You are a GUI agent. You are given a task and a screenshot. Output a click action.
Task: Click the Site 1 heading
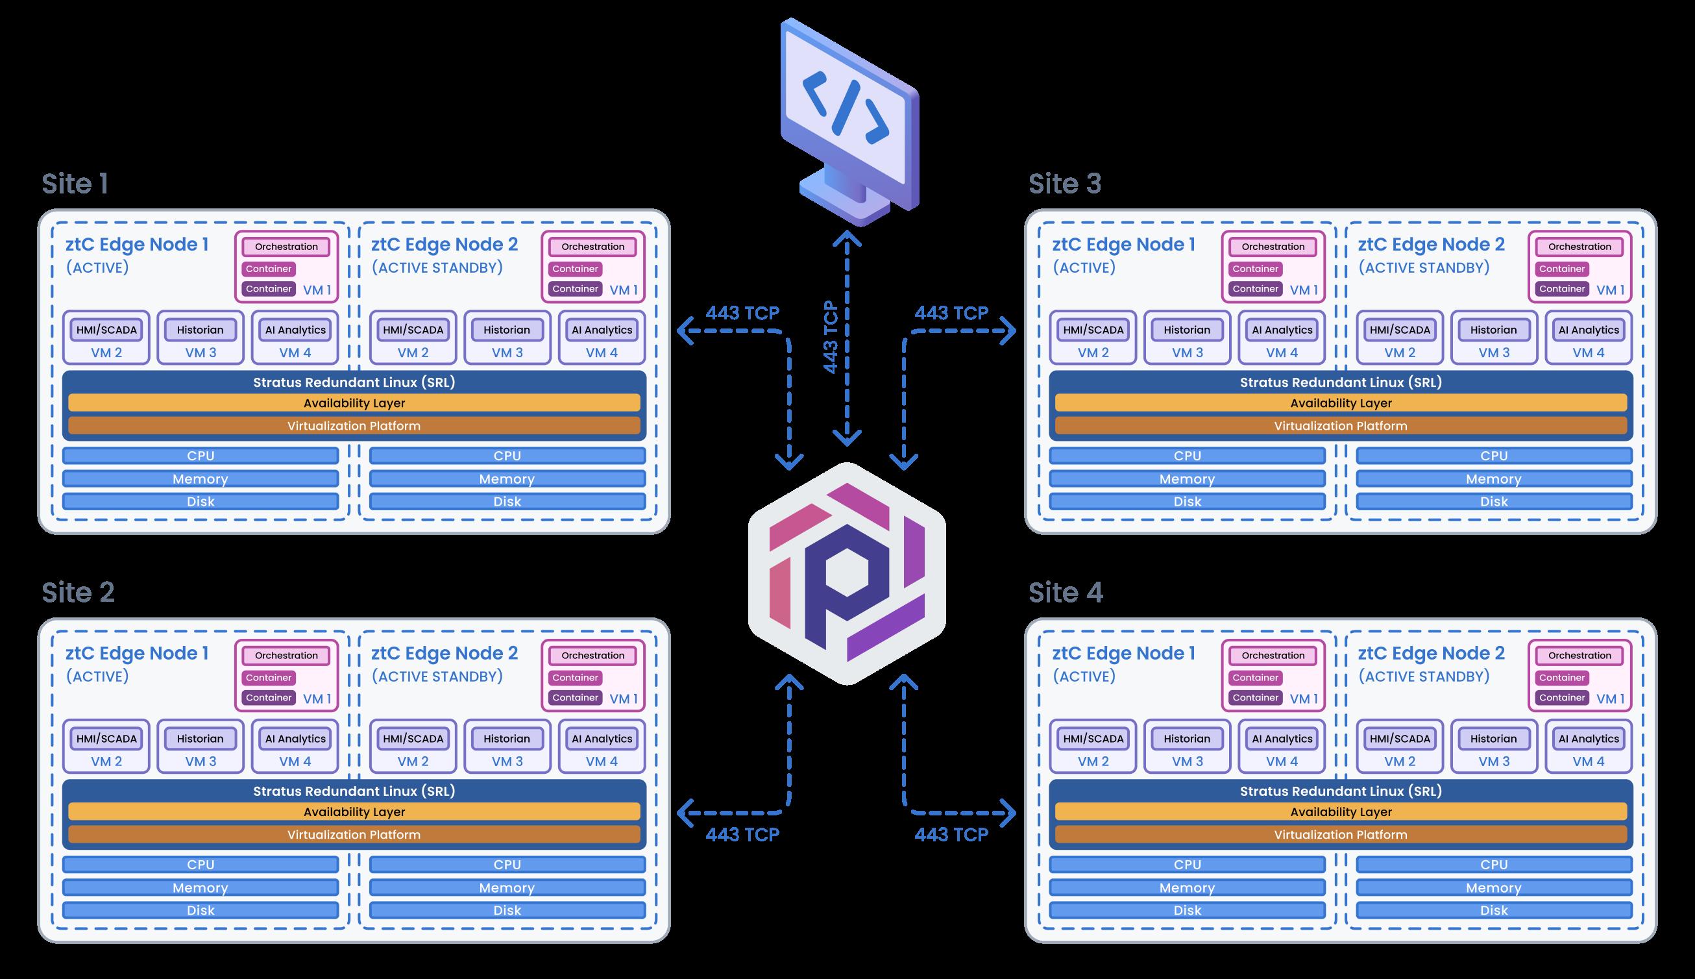point(75,184)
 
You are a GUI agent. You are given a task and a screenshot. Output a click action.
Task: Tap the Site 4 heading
point(1066,592)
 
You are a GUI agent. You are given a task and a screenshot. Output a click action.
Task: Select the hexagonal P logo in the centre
point(847,573)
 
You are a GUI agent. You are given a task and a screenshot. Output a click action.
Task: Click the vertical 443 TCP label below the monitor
point(831,337)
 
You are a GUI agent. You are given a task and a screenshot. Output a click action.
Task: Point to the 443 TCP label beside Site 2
point(742,834)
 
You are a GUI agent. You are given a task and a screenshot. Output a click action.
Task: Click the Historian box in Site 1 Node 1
point(201,330)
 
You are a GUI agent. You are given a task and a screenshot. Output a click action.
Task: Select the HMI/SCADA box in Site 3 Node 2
point(1400,330)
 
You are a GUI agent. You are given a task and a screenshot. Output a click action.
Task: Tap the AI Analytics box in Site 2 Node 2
point(602,739)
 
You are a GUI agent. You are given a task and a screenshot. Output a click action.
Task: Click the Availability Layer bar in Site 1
point(354,403)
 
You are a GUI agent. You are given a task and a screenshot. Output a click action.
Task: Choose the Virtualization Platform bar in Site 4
point(1340,834)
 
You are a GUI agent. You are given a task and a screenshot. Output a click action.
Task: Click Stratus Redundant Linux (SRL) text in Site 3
point(1340,382)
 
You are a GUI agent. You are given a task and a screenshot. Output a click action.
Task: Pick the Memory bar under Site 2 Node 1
point(201,887)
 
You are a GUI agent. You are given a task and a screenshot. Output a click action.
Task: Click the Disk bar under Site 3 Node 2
point(1493,502)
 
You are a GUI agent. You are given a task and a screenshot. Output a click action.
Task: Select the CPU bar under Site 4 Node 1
point(1187,865)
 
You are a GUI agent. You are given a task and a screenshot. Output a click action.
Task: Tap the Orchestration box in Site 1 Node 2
point(592,247)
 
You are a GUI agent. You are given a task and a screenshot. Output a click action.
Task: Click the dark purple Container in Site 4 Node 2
point(1562,698)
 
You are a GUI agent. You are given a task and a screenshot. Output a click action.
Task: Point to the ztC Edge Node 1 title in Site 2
point(137,653)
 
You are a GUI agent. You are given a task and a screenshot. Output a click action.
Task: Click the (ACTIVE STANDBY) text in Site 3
point(1424,267)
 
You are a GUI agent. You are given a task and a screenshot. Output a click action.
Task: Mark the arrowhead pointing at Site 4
point(1008,812)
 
